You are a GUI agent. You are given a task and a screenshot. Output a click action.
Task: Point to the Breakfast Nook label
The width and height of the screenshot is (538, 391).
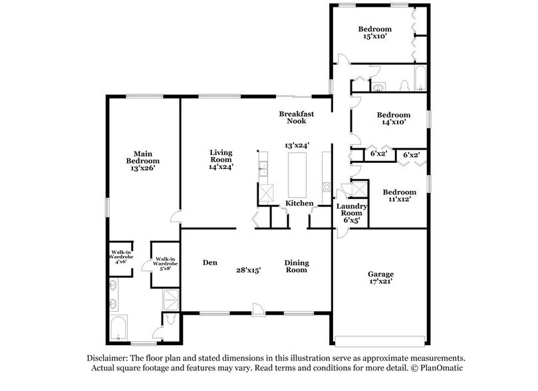click(x=296, y=118)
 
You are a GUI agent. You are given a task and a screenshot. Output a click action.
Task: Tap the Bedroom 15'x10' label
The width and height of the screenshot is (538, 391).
click(x=375, y=33)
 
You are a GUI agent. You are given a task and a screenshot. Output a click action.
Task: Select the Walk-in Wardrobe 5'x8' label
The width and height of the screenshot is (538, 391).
click(x=165, y=263)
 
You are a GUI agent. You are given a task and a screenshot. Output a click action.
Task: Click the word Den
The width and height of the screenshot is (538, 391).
click(x=211, y=263)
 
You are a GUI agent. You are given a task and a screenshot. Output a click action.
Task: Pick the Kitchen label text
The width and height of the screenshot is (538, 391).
click(x=299, y=203)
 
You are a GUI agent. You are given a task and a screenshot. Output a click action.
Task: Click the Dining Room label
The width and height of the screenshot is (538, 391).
click(x=296, y=266)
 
